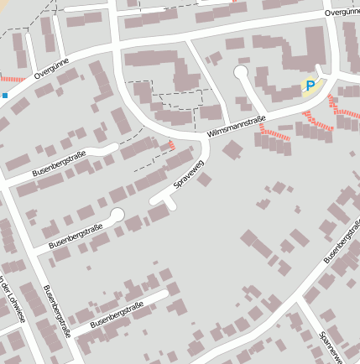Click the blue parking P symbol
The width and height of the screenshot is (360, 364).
(x=310, y=85)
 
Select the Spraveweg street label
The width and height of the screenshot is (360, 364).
(x=189, y=172)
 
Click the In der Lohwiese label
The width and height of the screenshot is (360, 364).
(x=12, y=298)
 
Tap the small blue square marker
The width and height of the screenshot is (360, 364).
(x=4, y=96)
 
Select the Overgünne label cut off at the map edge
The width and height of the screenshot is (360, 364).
(x=341, y=12)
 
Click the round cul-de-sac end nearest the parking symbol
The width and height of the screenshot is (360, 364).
(x=242, y=73)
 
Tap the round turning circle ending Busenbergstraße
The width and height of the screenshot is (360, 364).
(x=116, y=216)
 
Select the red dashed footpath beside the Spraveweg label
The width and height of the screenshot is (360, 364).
(x=172, y=145)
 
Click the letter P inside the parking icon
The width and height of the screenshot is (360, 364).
(x=310, y=85)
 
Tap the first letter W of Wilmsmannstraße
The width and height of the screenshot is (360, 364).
(x=209, y=137)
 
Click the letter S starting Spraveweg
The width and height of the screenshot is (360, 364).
(x=175, y=185)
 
